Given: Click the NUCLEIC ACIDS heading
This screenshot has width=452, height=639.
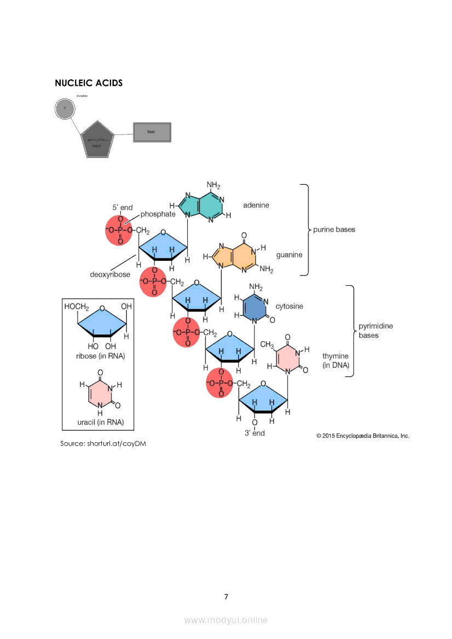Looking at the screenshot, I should [x=89, y=83].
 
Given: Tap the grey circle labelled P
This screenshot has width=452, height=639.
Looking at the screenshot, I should [x=65, y=109].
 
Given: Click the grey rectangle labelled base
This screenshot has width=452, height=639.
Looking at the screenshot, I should [x=152, y=132].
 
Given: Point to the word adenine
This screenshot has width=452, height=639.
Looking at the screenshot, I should [x=256, y=206].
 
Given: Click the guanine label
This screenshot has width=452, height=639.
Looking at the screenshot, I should [x=289, y=255].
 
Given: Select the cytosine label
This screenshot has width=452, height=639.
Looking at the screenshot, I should [x=289, y=306].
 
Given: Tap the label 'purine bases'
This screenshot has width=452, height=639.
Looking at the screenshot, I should [x=334, y=230].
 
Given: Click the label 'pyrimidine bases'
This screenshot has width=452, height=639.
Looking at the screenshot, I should [x=375, y=331].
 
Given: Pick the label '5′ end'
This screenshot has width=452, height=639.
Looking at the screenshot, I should [x=123, y=208].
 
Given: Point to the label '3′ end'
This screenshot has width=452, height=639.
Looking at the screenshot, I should [x=254, y=433].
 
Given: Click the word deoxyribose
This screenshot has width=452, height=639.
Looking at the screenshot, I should [x=110, y=274].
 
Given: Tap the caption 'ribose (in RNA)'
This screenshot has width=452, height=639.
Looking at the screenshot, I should [x=101, y=356].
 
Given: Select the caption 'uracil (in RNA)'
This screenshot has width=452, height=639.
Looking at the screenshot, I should [x=101, y=423].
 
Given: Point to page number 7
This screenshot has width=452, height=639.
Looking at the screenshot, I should [x=226, y=596].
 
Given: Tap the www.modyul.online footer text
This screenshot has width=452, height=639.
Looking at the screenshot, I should [x=226, y=620].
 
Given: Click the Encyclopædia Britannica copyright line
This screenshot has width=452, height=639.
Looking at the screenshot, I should [x=363, y=436].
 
